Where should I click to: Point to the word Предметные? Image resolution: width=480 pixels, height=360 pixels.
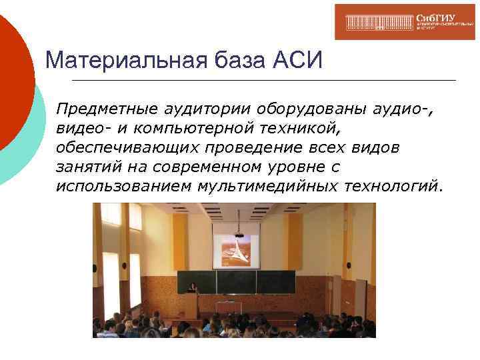tap(104, 108)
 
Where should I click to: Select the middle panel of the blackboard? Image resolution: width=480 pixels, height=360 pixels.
tap(237, 282)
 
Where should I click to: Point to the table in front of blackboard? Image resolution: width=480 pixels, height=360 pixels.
tap(240, 309)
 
